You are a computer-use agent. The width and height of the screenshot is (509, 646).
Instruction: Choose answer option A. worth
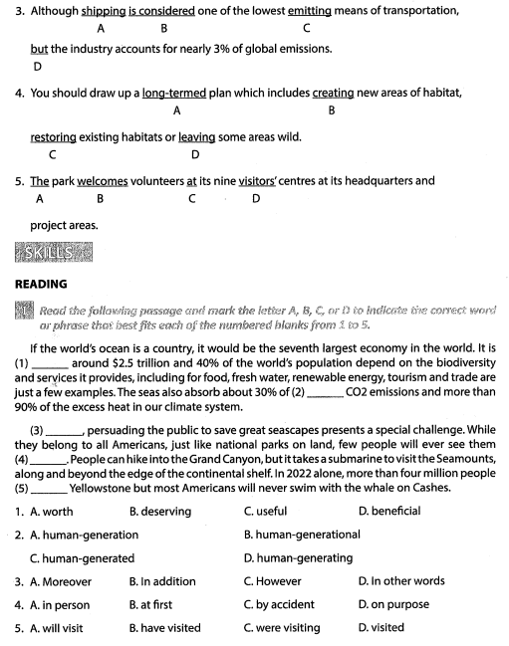(x=51, y=511)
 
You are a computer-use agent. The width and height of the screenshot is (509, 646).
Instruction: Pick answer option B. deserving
(x=159, y=511)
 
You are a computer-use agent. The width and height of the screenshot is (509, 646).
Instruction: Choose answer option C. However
(x=272, y=581)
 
